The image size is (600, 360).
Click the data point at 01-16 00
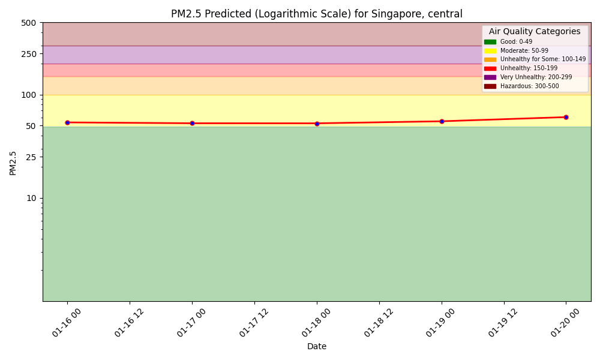coord(67,122)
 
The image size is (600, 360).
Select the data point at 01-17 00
coord(192,123)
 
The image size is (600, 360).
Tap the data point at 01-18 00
coord(317,124)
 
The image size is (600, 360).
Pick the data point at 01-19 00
coord(442,121)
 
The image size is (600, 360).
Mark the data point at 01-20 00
coord(566,117)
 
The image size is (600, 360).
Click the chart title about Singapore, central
coord(317,14)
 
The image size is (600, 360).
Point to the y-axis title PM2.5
coord(13,163)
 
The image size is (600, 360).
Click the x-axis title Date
coord(317,347)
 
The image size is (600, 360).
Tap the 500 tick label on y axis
coord(28,23)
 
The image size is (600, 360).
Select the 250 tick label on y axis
coord(28,54)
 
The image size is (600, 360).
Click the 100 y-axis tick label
coord(28,95)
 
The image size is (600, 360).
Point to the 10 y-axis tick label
coord(31,198)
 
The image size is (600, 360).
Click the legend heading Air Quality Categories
coord(535,32)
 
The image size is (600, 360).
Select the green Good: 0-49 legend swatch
coord(490,42)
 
